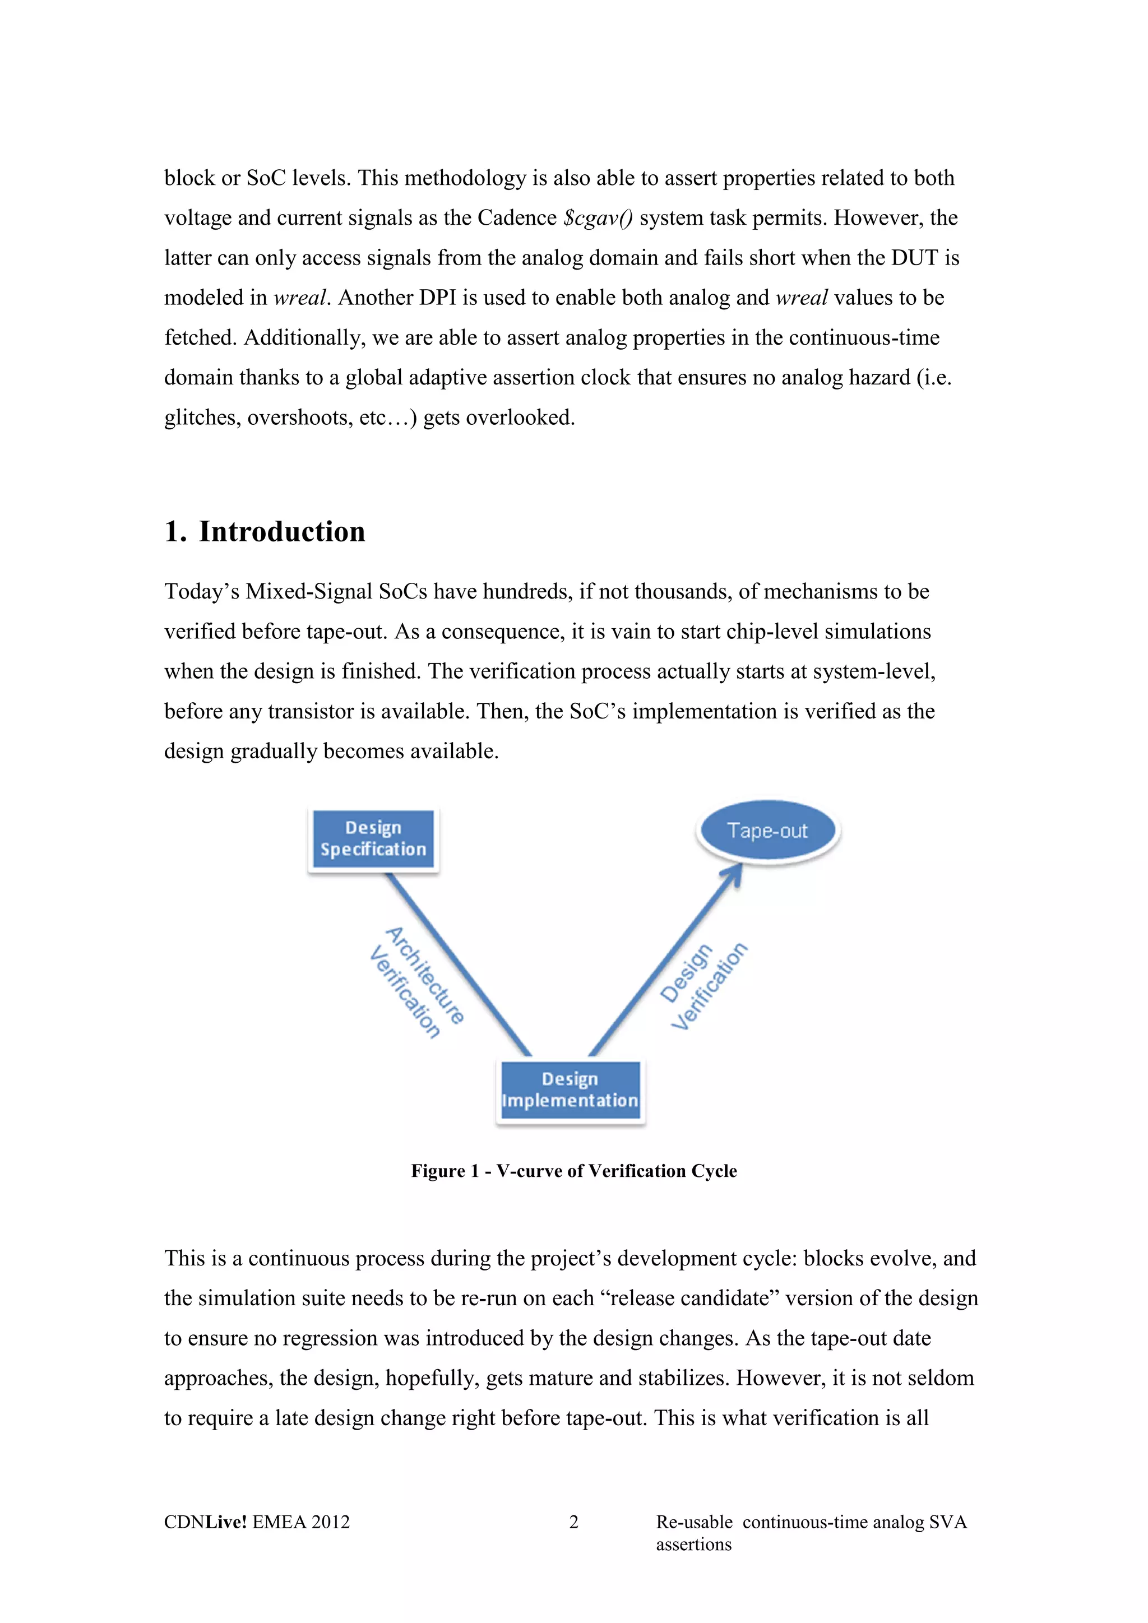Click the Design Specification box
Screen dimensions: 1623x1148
pos(373,839)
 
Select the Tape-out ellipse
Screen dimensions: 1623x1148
pos(768,831)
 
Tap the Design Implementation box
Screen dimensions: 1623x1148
pos(570,1090)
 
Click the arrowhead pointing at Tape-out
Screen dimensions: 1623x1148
pos(734,874)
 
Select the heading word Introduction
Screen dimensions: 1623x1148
pos(282,532)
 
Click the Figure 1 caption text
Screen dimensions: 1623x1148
pos(574,1171)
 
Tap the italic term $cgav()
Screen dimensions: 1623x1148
pos(598,217)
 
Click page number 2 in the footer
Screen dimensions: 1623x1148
pos(573,1522)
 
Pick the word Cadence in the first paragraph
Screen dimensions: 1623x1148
pos(517,217)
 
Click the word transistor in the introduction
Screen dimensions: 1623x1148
pos(311,711)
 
